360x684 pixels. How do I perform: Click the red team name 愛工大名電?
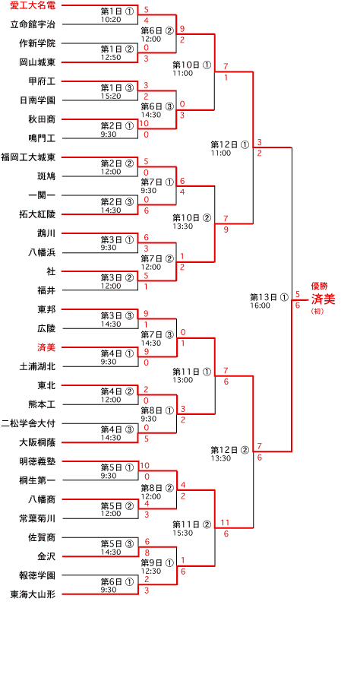tap(35, 5)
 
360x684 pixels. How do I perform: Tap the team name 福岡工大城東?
tap(31, 157)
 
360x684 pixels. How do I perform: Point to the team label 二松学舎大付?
tap(31, 423)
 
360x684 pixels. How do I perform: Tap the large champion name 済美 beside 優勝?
tap(324, 299)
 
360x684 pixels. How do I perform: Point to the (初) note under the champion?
tap(317, 312)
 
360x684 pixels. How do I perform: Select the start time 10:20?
tap(111, 20)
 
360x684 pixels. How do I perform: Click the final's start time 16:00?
tap(260, 306)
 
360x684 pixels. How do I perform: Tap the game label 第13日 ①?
tap(269, 297)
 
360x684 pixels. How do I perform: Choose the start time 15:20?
tap(111, 96)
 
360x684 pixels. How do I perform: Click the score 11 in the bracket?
tap(226, 523)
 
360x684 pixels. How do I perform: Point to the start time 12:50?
tap(111, 58)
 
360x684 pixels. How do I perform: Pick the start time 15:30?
tap(182, 532)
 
